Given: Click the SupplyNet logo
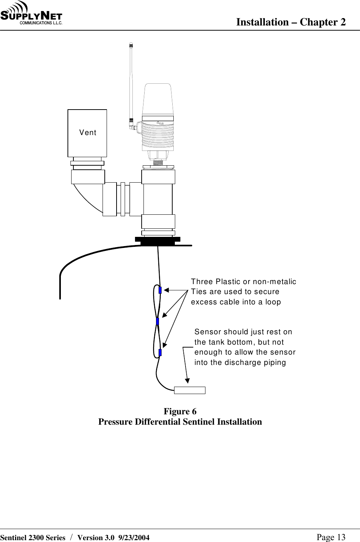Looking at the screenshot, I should pyautogui.click(x=32, y=14).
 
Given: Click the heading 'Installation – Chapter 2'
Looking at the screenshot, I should pyautogui.click(x=291, y=22).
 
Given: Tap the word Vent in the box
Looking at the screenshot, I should pyautogui.click(x=88, y=132).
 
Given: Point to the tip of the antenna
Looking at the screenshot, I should pyautogui.click(x=131, y=45).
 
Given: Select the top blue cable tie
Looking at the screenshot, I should pyautogui.click(x=160, y=290).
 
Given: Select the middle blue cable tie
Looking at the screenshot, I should pyautogui.click(x=157, y=321).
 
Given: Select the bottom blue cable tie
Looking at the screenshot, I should pyautogui.click(x=160, y=352).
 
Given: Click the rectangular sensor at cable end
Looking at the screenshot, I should pyautogui.click(x=190, y=390).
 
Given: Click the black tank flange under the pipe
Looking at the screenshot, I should pyautogui.click(x=157, y=241).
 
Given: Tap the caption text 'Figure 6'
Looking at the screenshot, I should pyautogui.click(x=180, y=411).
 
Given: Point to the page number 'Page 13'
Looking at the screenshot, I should pyautogui.click(x=331, y=537).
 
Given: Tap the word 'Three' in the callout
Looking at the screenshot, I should pyautogui.click(x=202, y=282).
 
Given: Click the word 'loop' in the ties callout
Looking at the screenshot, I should pyautogui.click(x=272, y=302).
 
